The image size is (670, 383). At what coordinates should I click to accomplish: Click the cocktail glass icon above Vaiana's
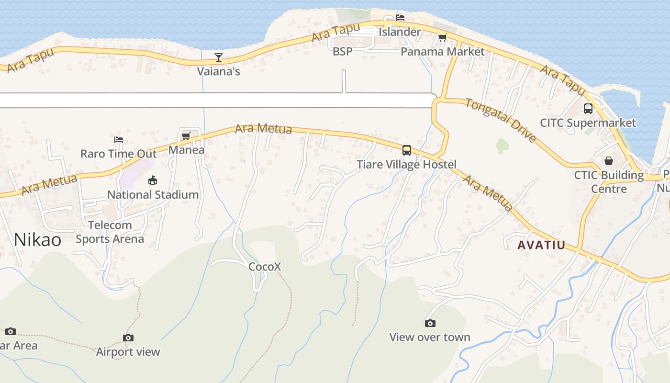click(219, 57)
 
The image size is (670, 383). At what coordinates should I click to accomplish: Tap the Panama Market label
click(442, 52)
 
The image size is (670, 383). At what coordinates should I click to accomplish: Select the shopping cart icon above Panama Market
click(442, 37)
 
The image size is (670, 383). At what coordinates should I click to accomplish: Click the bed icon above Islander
click(400, 18)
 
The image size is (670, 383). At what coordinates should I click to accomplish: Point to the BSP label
click(342, 51)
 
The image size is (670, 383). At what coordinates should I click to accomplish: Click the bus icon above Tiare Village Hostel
click(407, 150)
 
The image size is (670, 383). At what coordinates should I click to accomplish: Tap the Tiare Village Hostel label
click(406, 165)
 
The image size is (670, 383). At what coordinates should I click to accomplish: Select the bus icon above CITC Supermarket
click(588, 109)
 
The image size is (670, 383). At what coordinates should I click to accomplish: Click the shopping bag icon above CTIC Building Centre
click(609, 160)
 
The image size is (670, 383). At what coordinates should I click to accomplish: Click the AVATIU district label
click(541, 245)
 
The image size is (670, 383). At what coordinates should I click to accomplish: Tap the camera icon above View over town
click(430, 323)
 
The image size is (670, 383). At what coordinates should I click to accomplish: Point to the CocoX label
click(265, 267)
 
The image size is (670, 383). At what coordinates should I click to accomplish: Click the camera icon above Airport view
click(128, 338)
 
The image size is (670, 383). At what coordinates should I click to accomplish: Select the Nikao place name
click(37, 239)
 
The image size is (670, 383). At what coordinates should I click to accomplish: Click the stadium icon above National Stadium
click(153, 180)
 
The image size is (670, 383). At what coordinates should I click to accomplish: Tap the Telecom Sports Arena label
click(110, 232)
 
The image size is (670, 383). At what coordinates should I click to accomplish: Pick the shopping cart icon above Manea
click(186, 136)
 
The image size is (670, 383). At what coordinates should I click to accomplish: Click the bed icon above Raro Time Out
click(119, 140)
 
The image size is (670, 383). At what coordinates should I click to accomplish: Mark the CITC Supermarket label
click(588, 123)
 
